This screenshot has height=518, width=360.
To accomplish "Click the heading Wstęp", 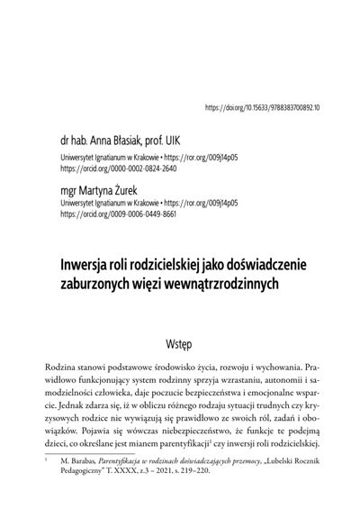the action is (x=180, y=343).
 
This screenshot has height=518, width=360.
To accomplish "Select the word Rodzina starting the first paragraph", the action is (x=64, y=370).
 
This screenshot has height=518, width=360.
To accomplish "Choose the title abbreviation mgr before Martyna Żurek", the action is (x=69, y=192).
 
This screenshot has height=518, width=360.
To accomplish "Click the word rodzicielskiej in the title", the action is (x=171, y=266).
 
